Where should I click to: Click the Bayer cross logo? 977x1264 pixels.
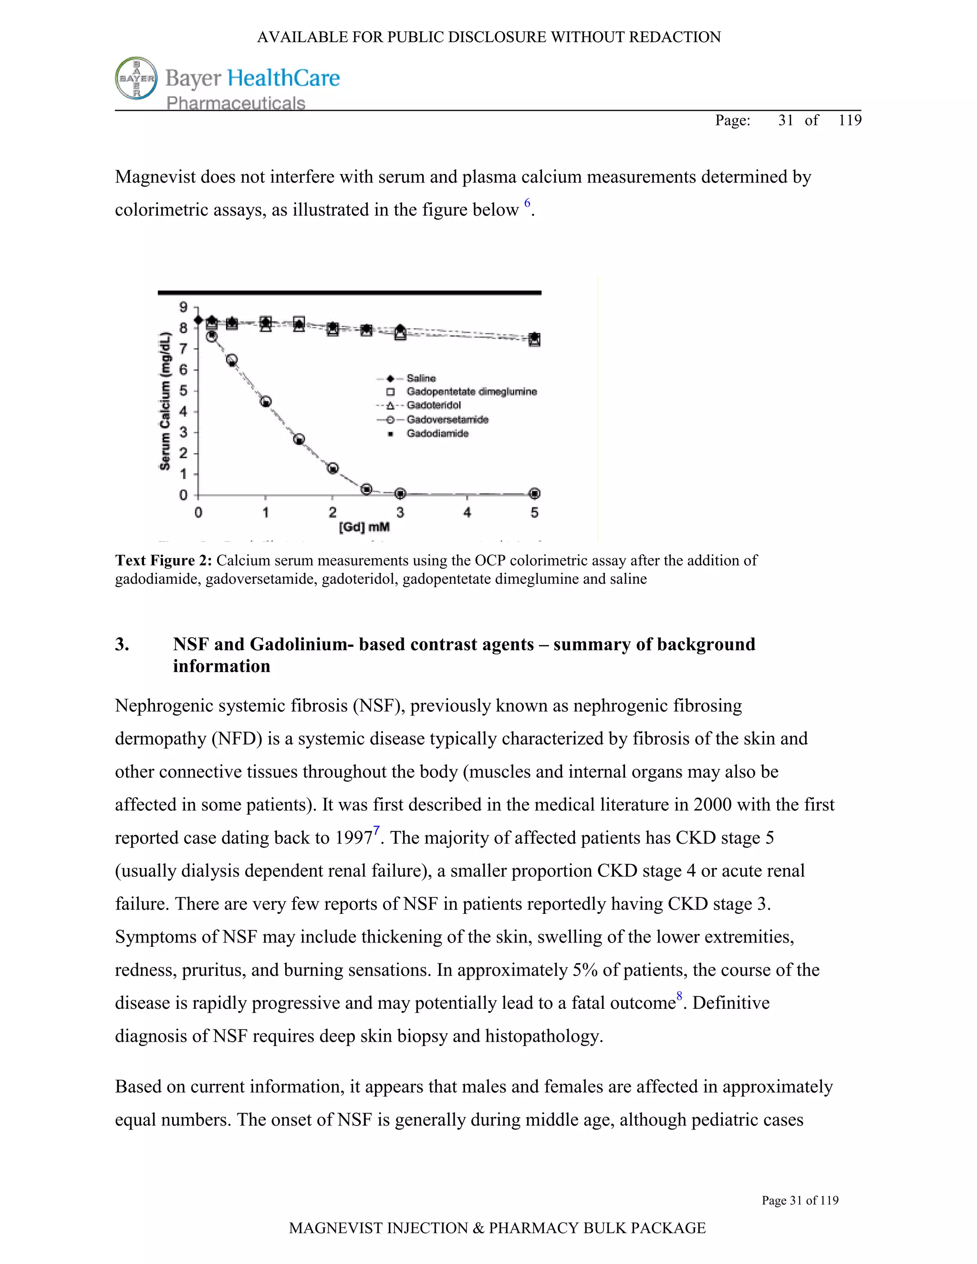click(x=136, y=78)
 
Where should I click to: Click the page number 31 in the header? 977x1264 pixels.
click(x=785, y=120)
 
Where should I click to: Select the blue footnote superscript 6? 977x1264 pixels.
click(x=527, y=203)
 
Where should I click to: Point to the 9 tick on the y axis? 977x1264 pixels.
click(x=184, y=307)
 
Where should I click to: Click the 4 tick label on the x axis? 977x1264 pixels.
click(x=467, y=512)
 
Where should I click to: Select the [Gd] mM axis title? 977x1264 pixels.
click(x=364, y=527)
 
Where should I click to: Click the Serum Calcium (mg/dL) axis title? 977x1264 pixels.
click(x=165, y=401)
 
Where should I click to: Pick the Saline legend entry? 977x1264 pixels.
click(x=421, y=378)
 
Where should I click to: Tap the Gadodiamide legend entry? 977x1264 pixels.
click(x=437, y=434)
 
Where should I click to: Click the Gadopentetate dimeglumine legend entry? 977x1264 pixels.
click(x=471, y=392)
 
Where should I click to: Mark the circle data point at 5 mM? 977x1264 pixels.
click(x=535, y=494)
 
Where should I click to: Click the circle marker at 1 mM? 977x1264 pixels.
click(x=266, y=402)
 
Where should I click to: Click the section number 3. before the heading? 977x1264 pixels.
click(x=122, y=644)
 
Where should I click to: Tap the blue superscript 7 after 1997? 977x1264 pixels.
click(x=376, y=831)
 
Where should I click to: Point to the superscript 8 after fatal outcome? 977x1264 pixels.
click(x=679, y=996)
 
